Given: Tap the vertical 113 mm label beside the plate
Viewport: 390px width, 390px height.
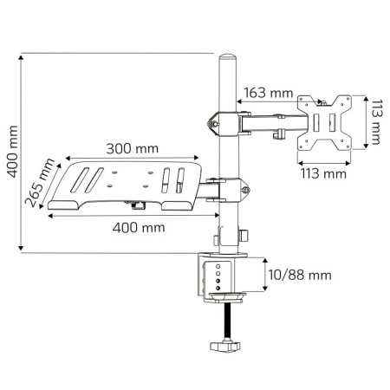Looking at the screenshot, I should coord(375,121).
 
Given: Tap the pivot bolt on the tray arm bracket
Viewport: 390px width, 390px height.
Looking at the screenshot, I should coord(246,189).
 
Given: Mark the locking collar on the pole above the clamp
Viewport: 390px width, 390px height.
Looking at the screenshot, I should coord(228,236).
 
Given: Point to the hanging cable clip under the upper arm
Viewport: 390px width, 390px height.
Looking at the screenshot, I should coord(280,134).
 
